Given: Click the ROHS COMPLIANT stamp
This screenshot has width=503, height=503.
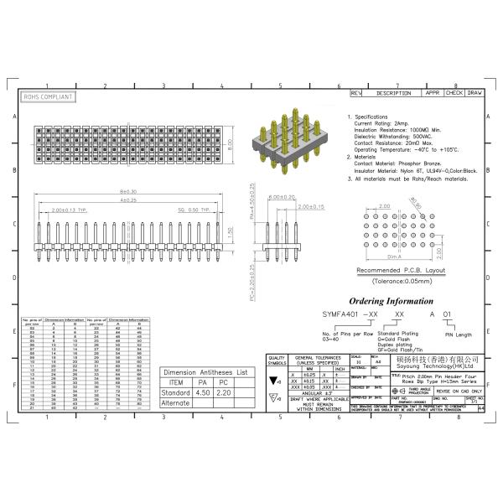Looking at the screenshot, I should coord(48,97).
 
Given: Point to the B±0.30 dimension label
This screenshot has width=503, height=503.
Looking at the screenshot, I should coord(128,192).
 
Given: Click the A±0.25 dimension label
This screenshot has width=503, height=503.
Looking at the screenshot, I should coord(128,200).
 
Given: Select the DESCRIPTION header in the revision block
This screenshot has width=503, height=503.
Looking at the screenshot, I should coord(393,93).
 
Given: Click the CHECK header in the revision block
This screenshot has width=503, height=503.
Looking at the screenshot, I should coord(454,93).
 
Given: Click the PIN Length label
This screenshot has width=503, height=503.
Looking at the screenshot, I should coord(458,334).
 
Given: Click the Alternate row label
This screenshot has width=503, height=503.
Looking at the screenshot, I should coord(174,402).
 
